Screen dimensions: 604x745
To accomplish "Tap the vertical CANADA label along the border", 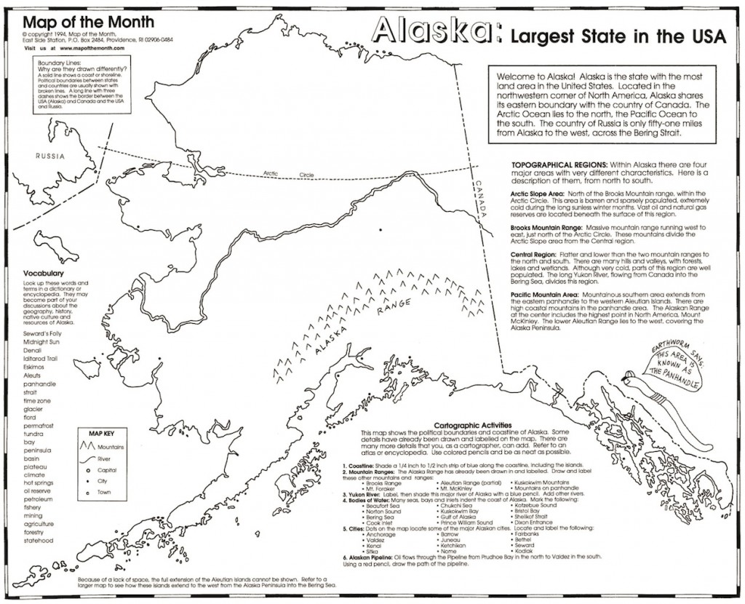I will (x=480, y=197).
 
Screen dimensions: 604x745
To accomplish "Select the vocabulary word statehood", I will (x=39, y=541).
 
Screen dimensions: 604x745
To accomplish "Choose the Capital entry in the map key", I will (x=108, y=470).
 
